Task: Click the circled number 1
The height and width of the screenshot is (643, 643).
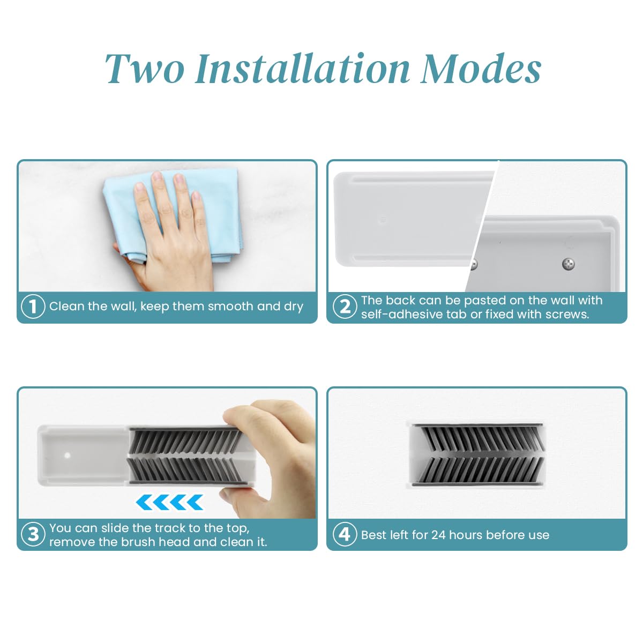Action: [33, 306]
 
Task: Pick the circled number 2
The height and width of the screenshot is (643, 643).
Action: [345, 306]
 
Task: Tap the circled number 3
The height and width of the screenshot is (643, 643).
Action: [33, 534]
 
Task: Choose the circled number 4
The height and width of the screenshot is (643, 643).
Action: [345, 534]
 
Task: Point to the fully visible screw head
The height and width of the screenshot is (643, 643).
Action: [569, 264]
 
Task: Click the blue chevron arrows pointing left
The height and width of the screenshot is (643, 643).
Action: [169, 503]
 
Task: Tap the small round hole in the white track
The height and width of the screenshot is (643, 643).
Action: [68, 455]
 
